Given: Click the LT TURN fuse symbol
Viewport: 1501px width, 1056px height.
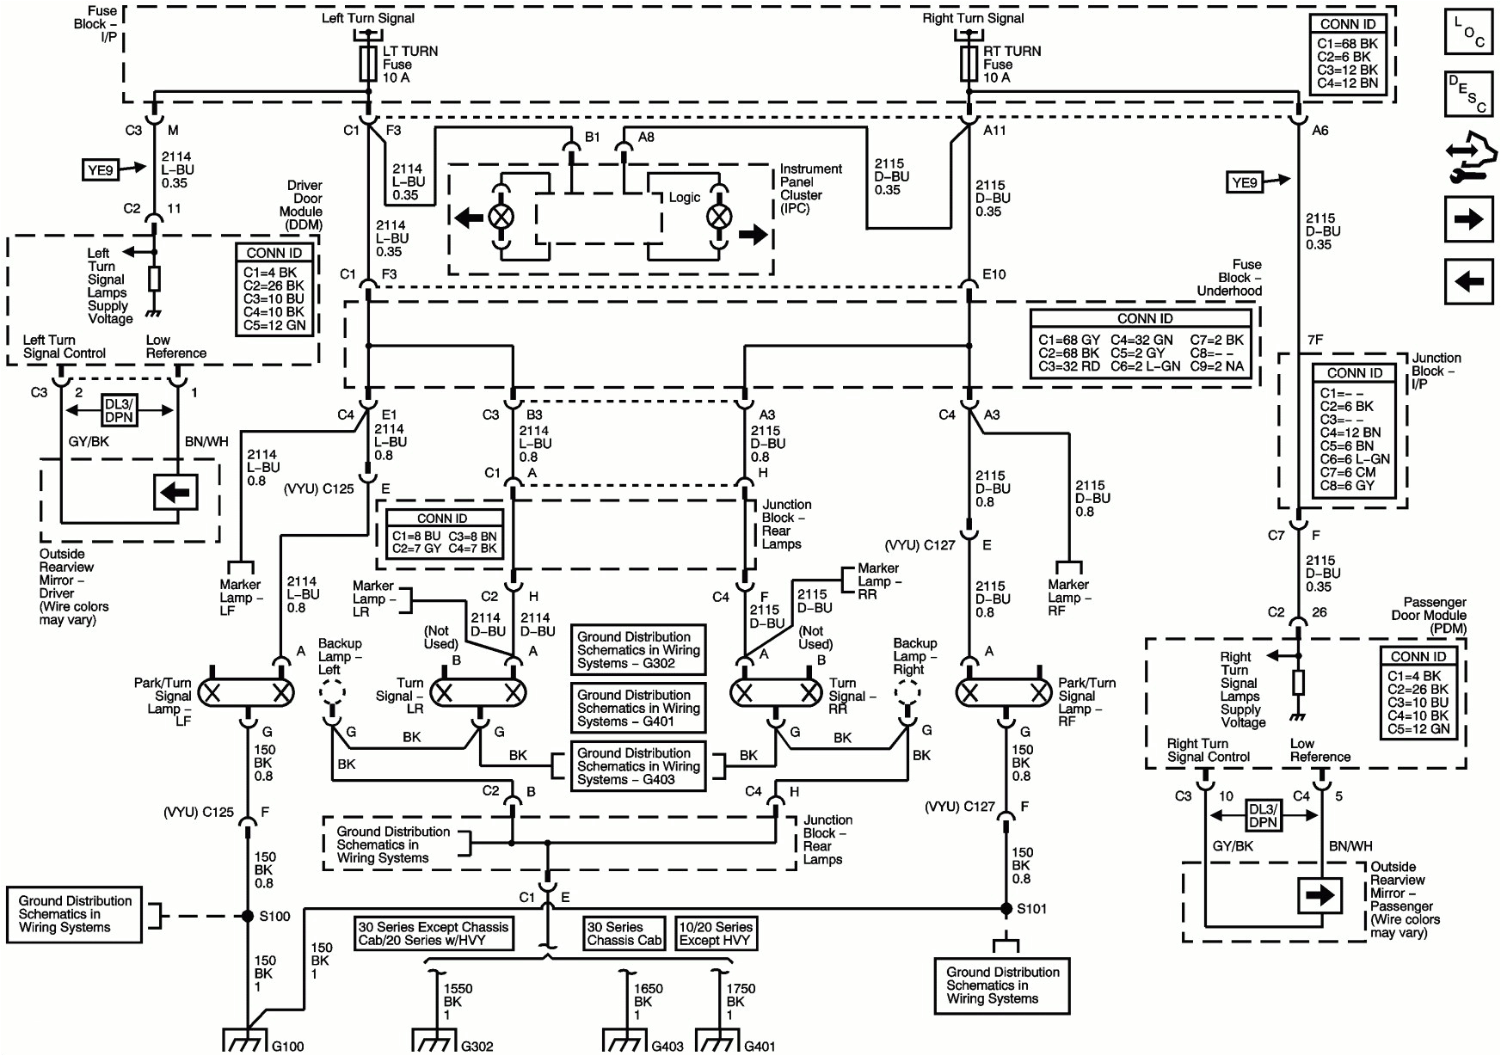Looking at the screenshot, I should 368,64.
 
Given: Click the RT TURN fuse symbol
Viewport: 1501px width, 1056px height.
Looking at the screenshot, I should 969,64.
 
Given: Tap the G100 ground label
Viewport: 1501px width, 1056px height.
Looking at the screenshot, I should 287,1046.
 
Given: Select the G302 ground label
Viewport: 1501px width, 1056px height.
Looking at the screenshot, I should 477,1046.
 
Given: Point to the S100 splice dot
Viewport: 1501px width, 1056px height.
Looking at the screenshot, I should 248,916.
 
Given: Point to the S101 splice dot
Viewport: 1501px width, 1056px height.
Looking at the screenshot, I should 1006,908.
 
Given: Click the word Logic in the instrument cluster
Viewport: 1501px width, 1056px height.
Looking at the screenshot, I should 684,197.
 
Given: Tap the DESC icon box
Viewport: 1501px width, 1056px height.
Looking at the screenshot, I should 1468,94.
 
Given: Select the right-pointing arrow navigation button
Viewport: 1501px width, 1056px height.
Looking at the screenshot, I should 1468,219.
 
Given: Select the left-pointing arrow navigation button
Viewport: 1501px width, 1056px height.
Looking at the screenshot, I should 1468,281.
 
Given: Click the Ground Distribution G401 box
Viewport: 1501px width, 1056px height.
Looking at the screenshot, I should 638,708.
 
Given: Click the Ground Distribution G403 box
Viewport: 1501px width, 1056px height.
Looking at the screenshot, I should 638,766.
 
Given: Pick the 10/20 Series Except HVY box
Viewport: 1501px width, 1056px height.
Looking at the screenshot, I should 716,933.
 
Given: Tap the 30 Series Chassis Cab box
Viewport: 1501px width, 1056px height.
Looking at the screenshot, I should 624,933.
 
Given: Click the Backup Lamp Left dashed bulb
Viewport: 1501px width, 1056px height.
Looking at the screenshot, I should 332,691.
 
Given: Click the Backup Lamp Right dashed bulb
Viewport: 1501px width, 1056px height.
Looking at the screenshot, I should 907,691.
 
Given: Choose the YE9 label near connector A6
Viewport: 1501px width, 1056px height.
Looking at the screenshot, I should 1244,182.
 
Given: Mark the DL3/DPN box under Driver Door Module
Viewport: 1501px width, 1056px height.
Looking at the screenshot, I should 119,410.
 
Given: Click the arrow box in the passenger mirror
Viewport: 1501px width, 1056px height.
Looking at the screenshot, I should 1320,895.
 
